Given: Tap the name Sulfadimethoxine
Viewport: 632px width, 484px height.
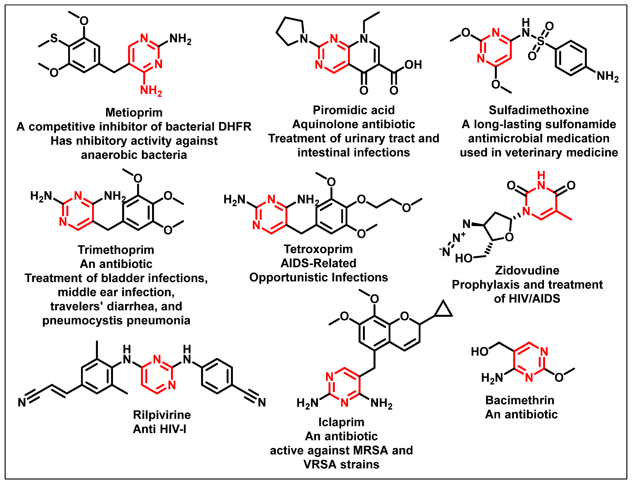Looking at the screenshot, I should point(539,110).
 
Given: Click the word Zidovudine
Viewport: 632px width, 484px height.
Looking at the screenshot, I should point(527,270).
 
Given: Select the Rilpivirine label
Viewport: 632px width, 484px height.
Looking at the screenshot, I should point(162,415).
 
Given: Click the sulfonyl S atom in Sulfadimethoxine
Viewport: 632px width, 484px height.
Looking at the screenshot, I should point(541,41).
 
